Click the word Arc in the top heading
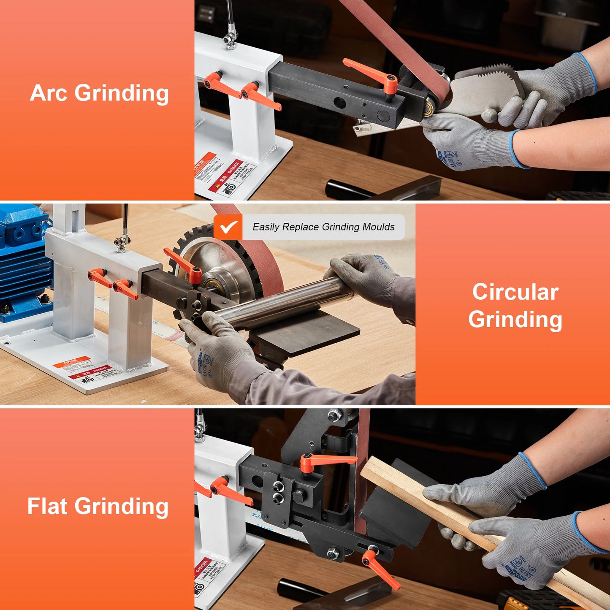pyautogui.click(x=48, y=93)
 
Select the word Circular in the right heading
pyautogui.click(x=515, y=292)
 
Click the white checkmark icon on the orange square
pyautogui.click(x=228, y=227)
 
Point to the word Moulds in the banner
pyautogui.click(x=379, y=227)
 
